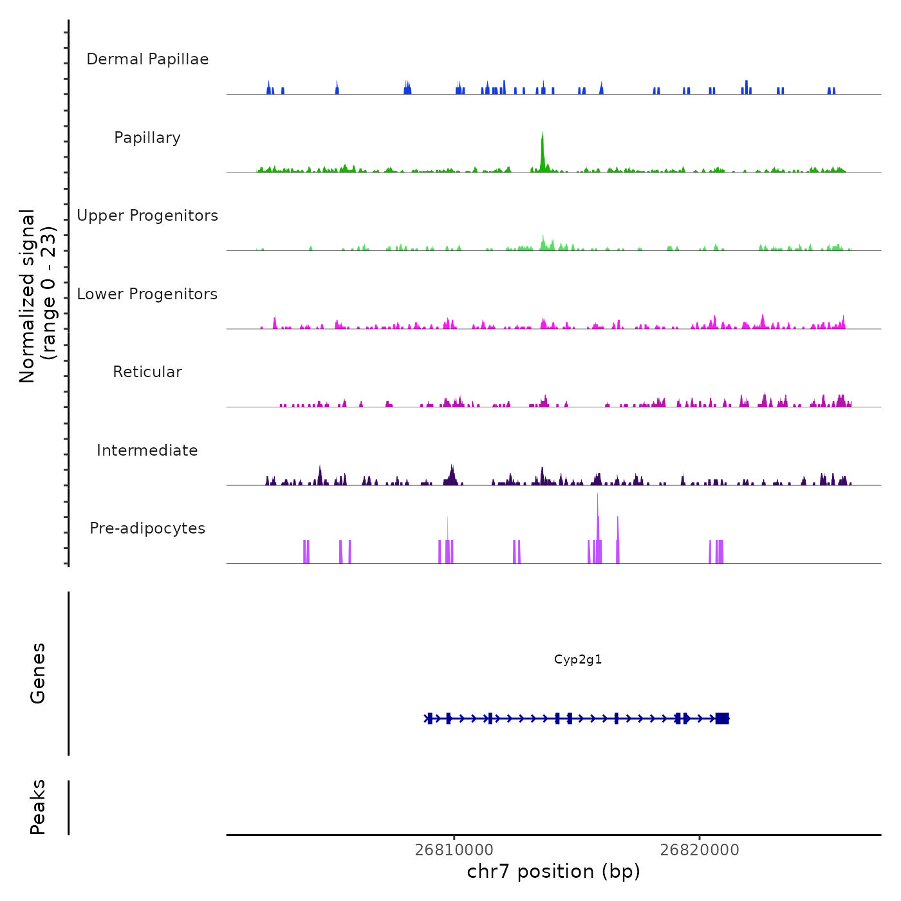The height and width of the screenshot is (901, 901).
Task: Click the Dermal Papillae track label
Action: pos(147,59)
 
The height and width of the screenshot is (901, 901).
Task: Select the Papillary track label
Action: pos(147,138)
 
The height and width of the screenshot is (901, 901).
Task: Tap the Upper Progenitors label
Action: pos(147,216)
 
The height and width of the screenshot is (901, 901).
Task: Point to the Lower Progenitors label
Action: pos(147,294)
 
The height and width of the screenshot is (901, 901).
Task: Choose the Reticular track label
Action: pos(147,372)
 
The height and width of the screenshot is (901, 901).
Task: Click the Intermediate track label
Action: pos(147,450)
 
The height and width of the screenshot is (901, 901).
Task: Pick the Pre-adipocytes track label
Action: pos(147,528)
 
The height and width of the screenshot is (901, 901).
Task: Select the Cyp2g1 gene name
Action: pos(578,660)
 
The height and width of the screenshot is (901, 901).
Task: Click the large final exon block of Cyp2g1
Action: pos(722,718)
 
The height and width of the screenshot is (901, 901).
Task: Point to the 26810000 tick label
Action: pos(454,850)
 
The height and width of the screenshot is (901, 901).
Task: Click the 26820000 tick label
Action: pos(700,850)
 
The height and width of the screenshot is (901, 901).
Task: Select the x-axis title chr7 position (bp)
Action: pos(553,871)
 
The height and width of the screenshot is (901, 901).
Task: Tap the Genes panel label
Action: pos(38,673)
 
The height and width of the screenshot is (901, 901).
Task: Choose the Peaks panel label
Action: pos(38,807)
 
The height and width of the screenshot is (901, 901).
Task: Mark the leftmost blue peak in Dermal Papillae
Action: pos(269,88)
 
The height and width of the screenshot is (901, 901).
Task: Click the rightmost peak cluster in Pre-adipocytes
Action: pos(718,552)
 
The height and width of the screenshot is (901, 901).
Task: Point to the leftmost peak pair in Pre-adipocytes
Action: pos(306,552)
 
